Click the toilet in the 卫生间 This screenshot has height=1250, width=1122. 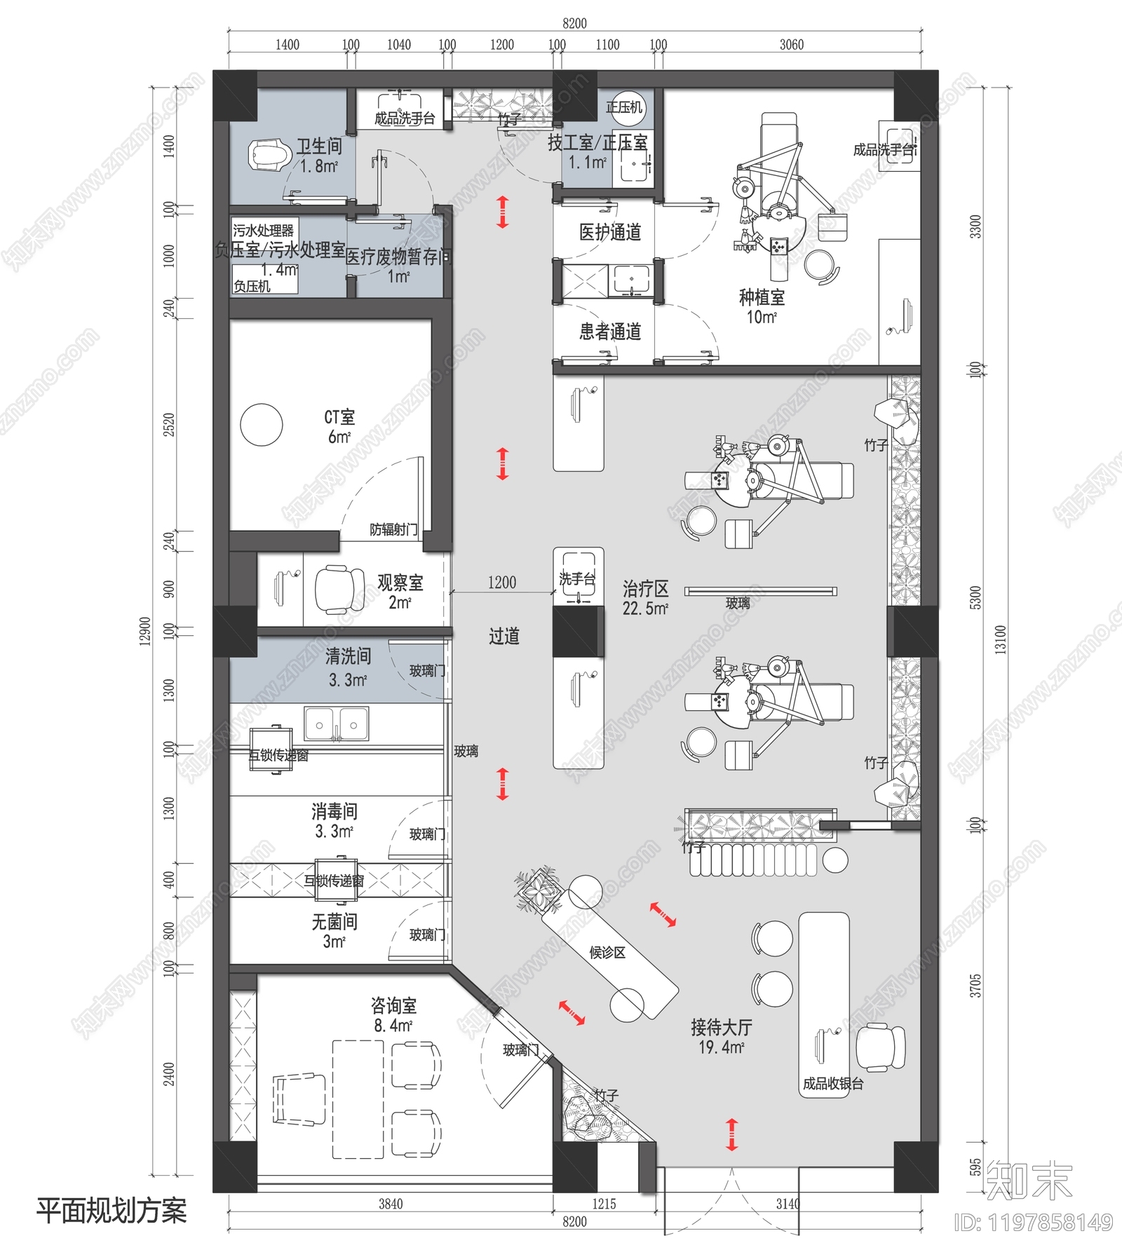pyautogui.click(x=269, y=155)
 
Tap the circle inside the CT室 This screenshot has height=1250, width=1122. pyautogui.click(x=261, y=424)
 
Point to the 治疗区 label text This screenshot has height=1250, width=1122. pyautogui.click(x=645, y=589)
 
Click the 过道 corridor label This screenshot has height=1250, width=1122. pyautogui.click(x=504, y=637)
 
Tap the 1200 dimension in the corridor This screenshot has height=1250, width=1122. pyautogui.click(x=501, y=583)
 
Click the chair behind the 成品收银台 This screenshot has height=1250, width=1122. pyautogui.click(x=881, y=1047)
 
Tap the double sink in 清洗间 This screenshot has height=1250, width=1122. pyautogui.click(x=337, y=724)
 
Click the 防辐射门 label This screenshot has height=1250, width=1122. pyautogui.click(x=393, y=529)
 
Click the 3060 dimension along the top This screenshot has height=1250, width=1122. pyautogui.click(x=791, y=45)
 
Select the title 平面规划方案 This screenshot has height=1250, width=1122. pyautogui.click(x=111, y=1211)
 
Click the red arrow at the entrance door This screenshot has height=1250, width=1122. pyautogui.click(x=731, y=1134)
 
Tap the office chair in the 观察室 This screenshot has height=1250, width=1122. pyautogui.click(x=339, y=590)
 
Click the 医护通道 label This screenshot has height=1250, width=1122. pyautogui.click(x=609, y=232)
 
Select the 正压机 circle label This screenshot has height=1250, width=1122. pyautogui.click(x=624, y=107)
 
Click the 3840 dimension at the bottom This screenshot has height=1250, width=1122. pyautogui.click(x=391, y=1204)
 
